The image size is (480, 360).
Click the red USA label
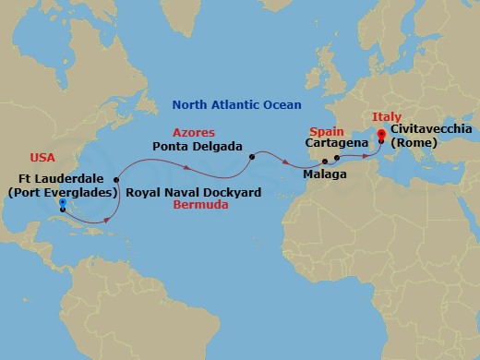(42, 157)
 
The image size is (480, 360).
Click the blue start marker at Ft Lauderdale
(61, 203)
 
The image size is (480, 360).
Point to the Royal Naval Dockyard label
(193, 193)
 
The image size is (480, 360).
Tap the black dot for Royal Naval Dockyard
(116, 180)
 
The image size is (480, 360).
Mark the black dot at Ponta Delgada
(251, 157)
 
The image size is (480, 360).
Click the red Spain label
(326, 132)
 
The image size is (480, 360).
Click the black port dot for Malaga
(325, 162)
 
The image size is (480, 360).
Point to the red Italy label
(386, 117)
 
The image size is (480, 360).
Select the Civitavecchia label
(431, 129)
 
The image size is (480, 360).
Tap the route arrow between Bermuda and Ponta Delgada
(186, 167)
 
